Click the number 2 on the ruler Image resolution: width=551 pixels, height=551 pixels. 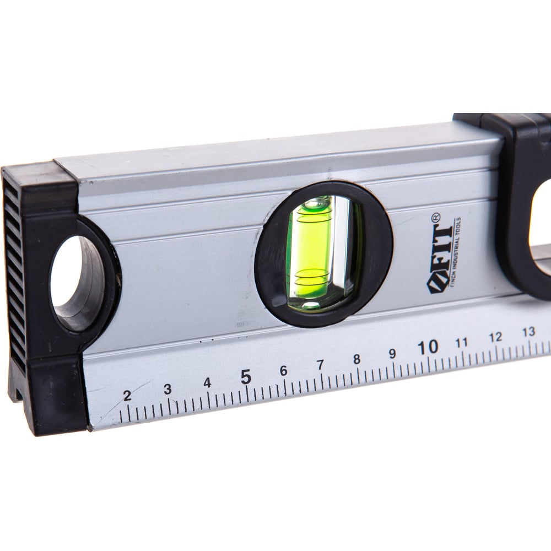pyautogui.click(x=127, y=396)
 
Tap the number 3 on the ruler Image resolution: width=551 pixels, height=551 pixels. pyautogui.click(x=168, y=389)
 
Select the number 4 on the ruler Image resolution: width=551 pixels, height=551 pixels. pyautogui.click(x=208, y=383)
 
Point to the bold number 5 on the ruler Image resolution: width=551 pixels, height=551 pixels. pyautogui.click(x=246, y=377)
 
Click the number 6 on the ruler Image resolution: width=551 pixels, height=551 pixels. pyautogui.click(x=284, y=371)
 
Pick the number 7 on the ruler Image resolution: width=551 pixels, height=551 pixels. pyautogui.click(x=321, y=365)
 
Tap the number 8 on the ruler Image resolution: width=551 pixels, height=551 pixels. pyautogui.click(x=356, y=359)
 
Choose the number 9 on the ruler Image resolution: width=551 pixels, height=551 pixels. pyautogui.click(x=392, y=354)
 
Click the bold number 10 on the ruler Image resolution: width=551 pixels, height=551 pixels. pyautogui.click(x=428, y=347)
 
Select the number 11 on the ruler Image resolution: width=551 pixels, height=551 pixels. pyautogui.click(x=462, y=342)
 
